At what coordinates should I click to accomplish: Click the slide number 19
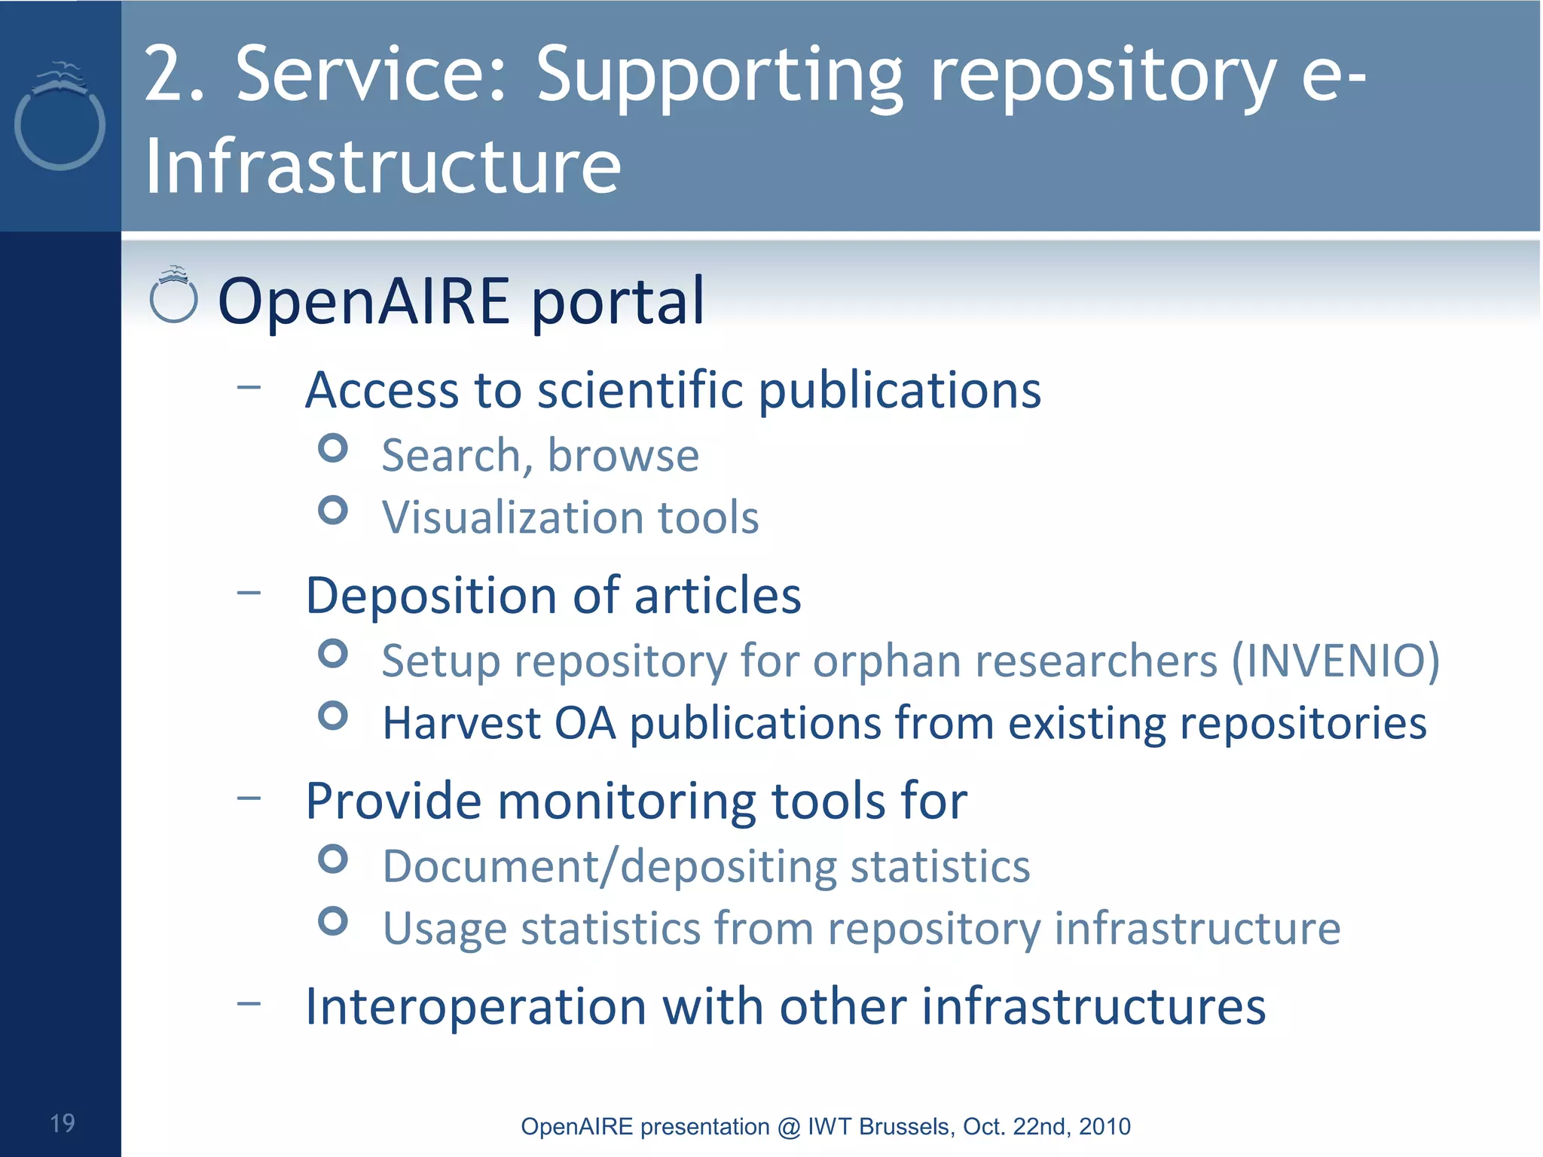tap(63, 1123)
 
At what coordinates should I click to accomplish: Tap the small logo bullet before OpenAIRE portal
tap(174, 296)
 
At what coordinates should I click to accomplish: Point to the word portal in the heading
tap(618, 301)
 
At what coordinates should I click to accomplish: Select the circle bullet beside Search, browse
tap(332, 448)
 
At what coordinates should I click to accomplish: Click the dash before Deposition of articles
tap(249, 593)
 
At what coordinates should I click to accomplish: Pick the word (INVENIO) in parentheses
tap(1335, 661)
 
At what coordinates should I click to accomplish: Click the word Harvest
tap(461, 723)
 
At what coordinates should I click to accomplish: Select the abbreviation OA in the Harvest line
tap(585, 723)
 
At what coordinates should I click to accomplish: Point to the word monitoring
tap(626, 801)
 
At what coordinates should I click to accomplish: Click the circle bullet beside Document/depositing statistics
tap(332, 859)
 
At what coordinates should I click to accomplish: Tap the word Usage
tap(444, 930)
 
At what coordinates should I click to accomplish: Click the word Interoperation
tap(475, 1006)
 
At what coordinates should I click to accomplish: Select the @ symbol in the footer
tap(788, 1127)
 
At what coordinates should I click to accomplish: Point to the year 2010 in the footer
tap(1105, 1126)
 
